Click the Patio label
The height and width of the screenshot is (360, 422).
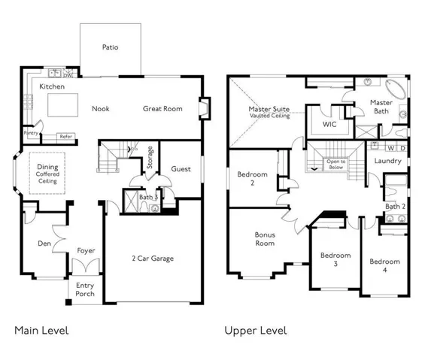(110, 47)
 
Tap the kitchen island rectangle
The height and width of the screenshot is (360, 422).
(63, 105)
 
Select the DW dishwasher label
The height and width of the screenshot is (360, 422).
(67, 76)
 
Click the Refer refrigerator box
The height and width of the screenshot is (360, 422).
(65, 136)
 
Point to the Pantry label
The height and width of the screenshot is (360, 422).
(31, 133)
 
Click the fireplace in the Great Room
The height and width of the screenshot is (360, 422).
(205, 108)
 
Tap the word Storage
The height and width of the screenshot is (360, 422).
(150, 157)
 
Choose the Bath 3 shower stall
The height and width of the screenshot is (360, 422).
(131, 201)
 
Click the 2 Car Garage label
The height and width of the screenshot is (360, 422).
(153, 259)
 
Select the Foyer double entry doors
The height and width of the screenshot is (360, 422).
(86, 266)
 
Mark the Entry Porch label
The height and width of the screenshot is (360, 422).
(85, 289)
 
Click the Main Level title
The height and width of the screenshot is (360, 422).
(41, 331)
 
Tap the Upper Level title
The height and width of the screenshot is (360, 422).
(256, 331)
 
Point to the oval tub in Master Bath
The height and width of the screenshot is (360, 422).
(396, 89)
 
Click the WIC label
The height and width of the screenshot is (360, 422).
(329, 124)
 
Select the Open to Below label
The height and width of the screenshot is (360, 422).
(336, 165)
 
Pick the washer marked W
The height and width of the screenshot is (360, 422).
(390, 148)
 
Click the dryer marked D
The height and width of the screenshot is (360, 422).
(402, 148)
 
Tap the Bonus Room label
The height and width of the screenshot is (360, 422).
(265, 239)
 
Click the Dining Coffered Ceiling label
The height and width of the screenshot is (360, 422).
(47, 174)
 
